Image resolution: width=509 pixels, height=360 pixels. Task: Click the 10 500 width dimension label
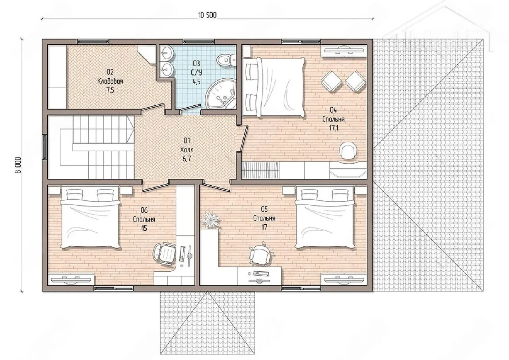(207, 15)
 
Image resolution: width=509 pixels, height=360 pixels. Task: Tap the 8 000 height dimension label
(18, 165)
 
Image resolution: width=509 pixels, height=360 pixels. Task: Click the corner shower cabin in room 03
(220, 93)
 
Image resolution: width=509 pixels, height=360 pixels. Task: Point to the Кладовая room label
(110, 81)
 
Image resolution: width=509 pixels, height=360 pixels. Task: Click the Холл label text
(187, 150)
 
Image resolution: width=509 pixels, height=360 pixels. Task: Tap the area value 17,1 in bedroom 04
(334, 128)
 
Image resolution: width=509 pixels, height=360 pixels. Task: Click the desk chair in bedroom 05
(260, 254)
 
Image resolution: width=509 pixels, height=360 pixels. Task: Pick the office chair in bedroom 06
(164, 253)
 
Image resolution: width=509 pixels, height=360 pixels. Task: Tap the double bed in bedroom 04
(274, 87)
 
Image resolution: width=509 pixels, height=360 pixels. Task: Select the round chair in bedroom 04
(348, 151)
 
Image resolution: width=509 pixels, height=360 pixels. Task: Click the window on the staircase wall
(45, 147)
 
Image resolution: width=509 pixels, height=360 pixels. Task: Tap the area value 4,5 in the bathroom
(196, 82)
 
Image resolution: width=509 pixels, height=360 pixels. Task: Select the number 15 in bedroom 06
(144, 228)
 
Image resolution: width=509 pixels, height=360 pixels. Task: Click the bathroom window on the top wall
(198, 42)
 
